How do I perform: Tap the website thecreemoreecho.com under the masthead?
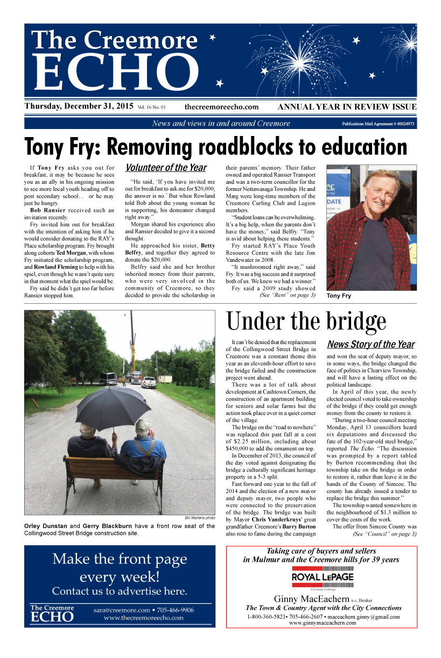tap(221, 107)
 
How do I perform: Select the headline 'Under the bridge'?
tap(306, 321)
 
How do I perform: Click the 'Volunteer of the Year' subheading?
tap(166, 168)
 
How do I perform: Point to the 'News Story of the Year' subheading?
tap(371, 344)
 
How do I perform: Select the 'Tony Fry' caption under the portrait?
tap(338, 296)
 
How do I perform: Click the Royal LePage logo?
tap(323, 577)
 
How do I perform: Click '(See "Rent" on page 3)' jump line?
tap(287, 295)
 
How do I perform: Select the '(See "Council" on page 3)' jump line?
tap(384, 534)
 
